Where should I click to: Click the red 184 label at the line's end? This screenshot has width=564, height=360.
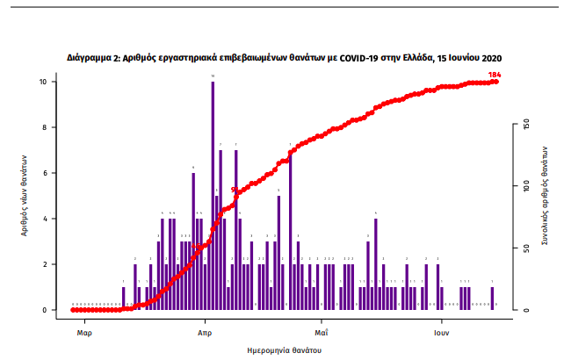click(495, 74)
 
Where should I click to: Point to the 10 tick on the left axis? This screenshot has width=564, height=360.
click(54, 82)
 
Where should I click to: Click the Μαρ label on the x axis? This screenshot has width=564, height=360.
click(84, 334)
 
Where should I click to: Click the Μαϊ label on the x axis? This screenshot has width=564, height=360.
click(322, 334)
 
